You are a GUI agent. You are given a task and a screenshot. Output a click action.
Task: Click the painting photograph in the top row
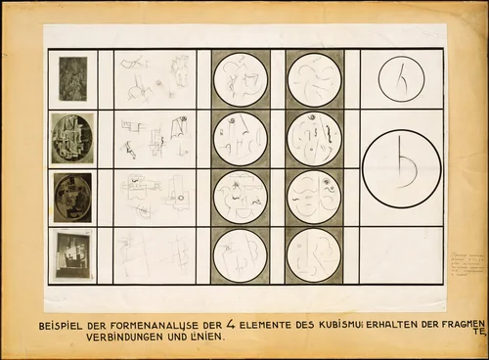click(x=72, y=78)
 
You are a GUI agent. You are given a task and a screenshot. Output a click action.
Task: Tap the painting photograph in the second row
click(x=72, y=138)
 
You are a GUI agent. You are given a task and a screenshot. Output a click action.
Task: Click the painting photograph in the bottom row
click(x=72, y=254)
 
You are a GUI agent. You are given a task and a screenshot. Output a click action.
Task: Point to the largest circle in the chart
click(x=401, y=167)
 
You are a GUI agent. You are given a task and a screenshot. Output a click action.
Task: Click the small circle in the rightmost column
click(x=401, y=78)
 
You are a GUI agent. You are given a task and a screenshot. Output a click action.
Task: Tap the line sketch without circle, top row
click(x=155, y=78)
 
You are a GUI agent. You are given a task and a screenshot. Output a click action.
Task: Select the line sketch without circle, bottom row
click(x=155, y=255)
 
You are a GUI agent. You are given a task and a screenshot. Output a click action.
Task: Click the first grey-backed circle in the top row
click(x=240, y=78)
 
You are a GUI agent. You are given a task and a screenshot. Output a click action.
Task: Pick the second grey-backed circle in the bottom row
click(x=314, y=255)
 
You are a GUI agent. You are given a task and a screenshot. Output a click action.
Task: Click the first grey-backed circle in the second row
click(x=240, y=138)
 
